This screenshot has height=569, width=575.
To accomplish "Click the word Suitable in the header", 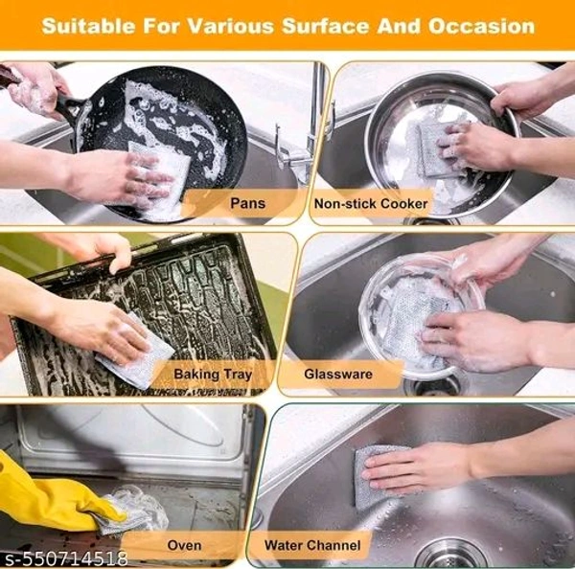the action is [x=88, y=27].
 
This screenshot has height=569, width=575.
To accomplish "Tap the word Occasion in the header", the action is [x=481, y=27].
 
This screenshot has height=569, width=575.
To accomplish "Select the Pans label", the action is [x=247, y=203].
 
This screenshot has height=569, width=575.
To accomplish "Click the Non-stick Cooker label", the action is [x=371, y=203].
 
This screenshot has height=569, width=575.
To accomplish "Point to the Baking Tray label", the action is [x=213, y=375].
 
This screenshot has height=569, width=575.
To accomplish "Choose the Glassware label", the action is [x=338, y=374].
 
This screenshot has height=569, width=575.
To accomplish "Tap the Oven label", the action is [x=184, y=545].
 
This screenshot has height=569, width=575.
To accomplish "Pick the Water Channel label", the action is [x=312, y=545].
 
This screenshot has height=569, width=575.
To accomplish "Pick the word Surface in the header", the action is [x=326, y=27].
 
